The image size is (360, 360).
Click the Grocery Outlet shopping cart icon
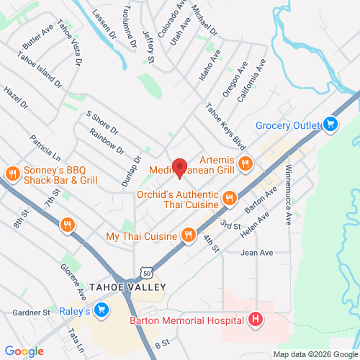[330, 125]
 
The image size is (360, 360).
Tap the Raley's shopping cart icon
[102, 311]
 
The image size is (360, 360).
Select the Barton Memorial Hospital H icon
[254, 319]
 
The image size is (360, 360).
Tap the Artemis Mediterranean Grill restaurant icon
[245, 163]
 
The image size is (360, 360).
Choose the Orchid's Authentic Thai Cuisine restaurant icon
[229, 197]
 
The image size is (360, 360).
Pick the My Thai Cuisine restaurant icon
[188, 235]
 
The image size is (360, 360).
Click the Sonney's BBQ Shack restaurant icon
[12, 174]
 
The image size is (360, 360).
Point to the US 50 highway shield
[148, 274]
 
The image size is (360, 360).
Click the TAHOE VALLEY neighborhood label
[127, 287]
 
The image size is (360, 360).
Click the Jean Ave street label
[257, 253]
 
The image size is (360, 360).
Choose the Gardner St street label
[31, 313]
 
